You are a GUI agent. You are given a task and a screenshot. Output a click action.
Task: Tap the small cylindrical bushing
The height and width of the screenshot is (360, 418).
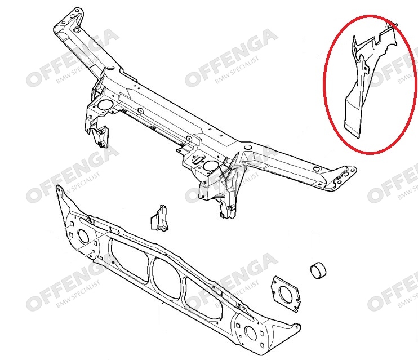coord(318,271)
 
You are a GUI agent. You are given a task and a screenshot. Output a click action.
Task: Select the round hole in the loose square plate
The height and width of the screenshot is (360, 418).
coord(285,295)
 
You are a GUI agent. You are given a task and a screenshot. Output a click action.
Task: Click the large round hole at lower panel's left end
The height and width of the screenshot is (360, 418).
coord(83,237)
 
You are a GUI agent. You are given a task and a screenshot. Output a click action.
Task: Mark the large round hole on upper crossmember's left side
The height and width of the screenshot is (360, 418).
coord(105,105)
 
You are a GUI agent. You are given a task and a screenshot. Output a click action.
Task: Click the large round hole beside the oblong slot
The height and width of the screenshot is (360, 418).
coord(211,166)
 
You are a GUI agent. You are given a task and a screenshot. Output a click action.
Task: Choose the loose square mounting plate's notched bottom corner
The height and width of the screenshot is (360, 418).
coord(295,309)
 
